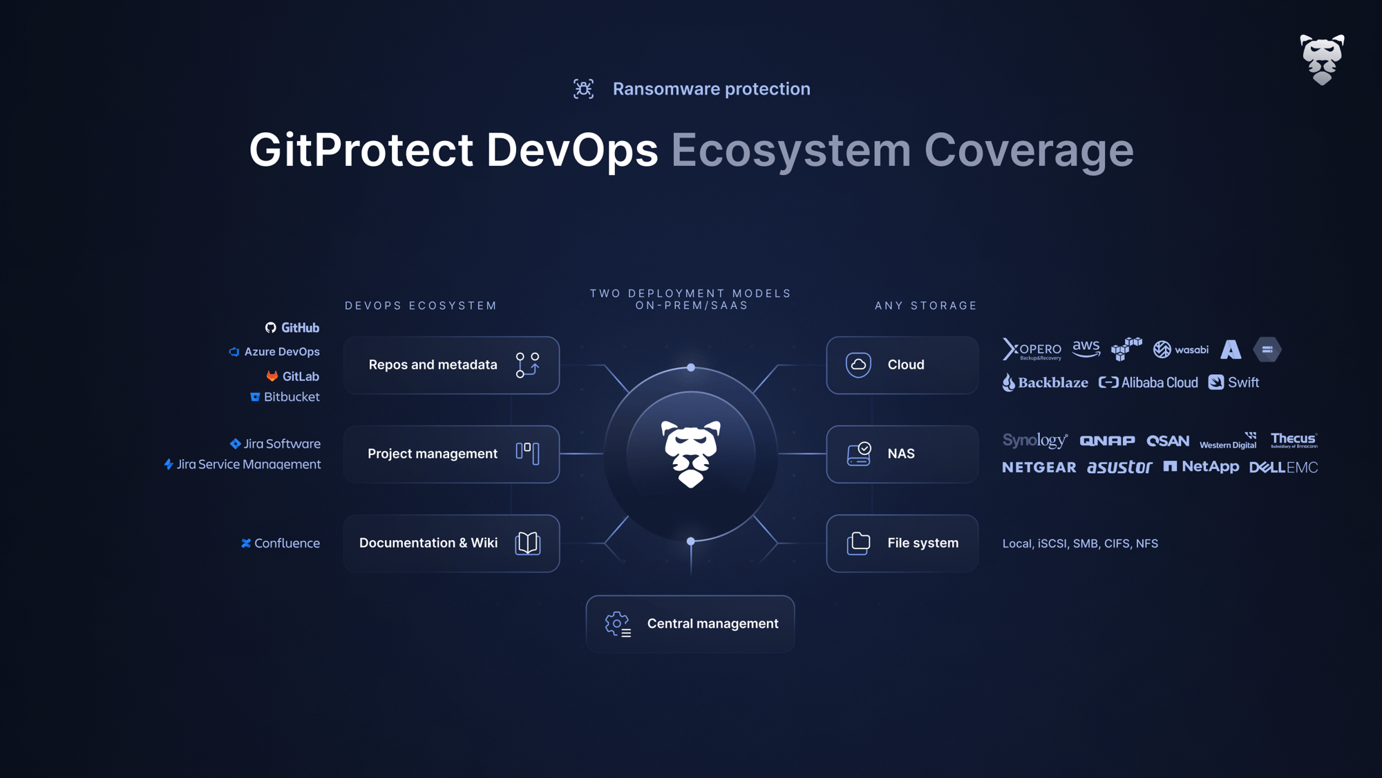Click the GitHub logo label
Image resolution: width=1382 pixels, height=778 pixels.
point(292,328)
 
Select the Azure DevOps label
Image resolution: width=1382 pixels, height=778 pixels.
point(275,352)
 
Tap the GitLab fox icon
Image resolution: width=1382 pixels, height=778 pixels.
point(272,376)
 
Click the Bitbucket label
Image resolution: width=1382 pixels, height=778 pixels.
point(285,397)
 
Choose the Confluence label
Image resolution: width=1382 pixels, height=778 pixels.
point(281,544)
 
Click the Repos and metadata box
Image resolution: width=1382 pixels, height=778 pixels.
point(451,365)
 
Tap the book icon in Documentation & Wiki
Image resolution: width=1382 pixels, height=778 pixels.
point(527,544)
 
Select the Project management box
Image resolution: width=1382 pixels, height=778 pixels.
point(451,454)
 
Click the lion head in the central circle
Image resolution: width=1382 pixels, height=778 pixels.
point(691,454)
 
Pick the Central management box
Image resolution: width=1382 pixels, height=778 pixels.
point(690,624)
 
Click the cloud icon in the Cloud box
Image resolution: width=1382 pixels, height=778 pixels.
point(858,364)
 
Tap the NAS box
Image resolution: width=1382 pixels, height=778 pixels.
point(902,454)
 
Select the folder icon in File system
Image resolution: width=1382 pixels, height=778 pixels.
point(858,544)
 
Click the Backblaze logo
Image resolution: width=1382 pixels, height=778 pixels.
point(1045,382)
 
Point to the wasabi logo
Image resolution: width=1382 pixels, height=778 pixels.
point(1181,350)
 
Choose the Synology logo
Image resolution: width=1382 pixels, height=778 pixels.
point(1034,441)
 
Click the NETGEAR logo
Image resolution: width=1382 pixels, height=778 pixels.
point(1039,468)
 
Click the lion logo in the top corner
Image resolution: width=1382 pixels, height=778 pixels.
point(1321,59)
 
